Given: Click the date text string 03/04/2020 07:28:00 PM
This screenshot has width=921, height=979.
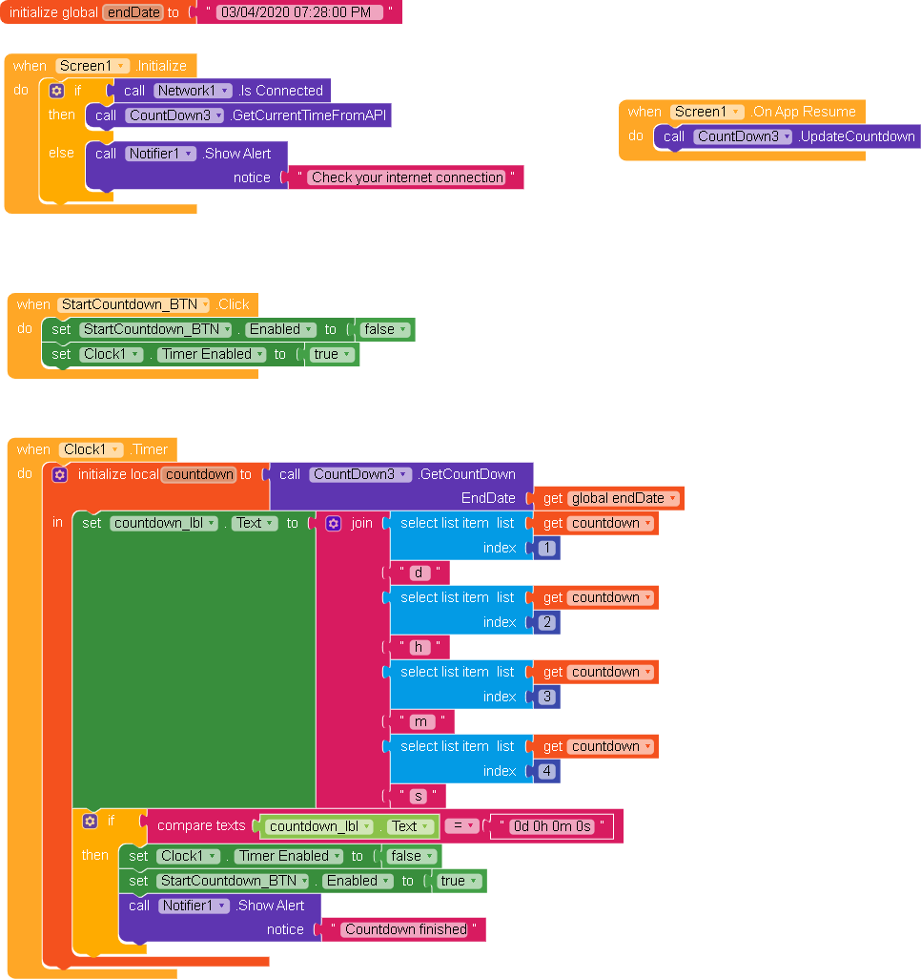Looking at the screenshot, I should click(299, 12).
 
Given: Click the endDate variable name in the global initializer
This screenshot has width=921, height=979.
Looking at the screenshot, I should click(133, 12).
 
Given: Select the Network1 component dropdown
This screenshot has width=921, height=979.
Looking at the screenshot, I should click(193, 91).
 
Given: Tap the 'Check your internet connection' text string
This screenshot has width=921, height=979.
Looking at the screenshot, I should click(407, 177).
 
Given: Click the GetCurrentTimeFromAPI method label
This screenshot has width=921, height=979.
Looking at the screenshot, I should click(311, 115).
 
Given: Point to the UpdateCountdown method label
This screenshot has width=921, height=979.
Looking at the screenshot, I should click(856, 136).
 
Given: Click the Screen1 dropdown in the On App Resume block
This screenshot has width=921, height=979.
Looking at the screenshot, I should click(706, 112).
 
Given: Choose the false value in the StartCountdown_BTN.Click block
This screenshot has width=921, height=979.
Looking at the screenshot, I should click(384, 329).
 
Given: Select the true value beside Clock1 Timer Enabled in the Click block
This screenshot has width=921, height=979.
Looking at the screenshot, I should click(332, 354).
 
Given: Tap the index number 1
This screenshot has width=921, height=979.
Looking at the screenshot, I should click(546, 548).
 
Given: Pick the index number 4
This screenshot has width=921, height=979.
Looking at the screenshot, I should click(546, 771).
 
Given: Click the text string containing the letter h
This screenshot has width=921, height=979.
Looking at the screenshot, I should click(417, 647).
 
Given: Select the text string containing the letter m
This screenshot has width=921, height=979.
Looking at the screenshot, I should click(420, 721).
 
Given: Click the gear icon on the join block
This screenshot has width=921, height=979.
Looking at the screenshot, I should click(333, 523).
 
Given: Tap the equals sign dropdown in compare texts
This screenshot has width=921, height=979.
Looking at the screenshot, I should click(462, 826).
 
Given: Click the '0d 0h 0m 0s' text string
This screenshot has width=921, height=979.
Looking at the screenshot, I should click(552, 826).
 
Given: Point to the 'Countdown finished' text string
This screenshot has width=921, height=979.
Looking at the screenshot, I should click(406, 929).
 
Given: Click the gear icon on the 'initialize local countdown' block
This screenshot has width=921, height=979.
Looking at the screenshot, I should click(60, 474).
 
